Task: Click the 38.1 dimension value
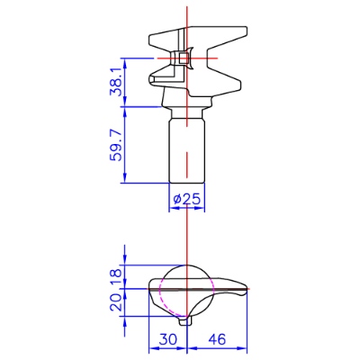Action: pos(115,81)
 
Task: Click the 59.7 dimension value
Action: pos(115,145)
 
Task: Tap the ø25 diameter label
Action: pos(186,199)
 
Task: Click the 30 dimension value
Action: pos(168,339)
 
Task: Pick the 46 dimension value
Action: pos(216,339)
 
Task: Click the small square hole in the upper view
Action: pos(184,58)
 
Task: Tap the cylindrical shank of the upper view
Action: pos(186,150)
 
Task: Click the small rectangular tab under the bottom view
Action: pos(185,321)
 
